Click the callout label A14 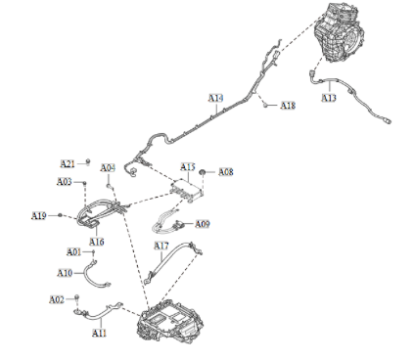point(215,98)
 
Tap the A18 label point(288,105)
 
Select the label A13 point(329,98)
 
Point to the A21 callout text point(68,162)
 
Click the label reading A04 point(108,167)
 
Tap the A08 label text point(225,172)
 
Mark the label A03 point(64,181)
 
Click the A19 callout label point(39,215)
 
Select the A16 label point(97,241)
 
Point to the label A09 point(202,224)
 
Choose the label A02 point(56,298)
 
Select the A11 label point(99,333)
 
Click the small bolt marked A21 point(88,160)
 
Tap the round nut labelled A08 point(204,171)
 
